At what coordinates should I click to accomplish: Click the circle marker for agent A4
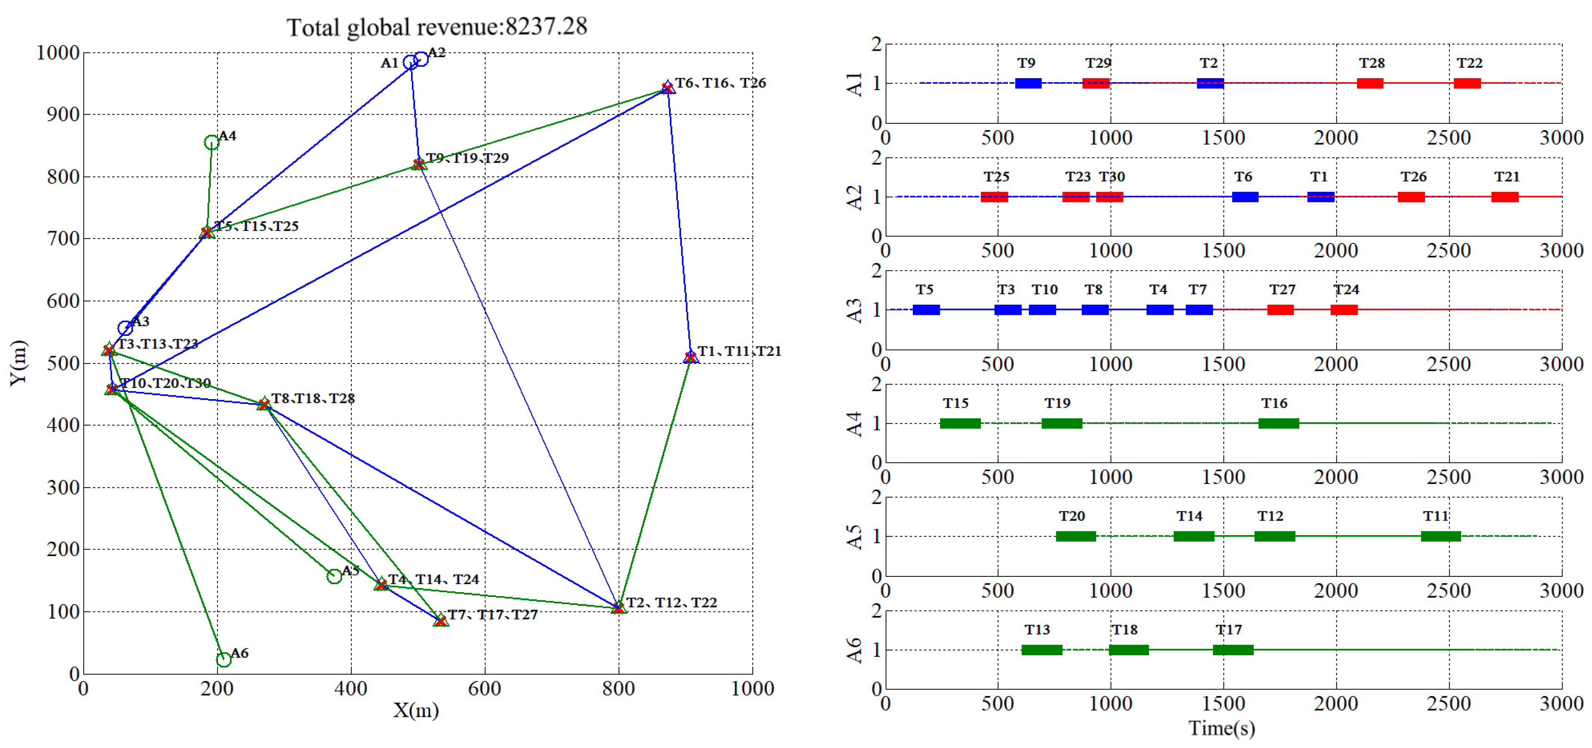(211, 143)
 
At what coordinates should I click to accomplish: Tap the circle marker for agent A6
(224, 660)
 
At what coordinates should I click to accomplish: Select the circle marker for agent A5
(334, 576)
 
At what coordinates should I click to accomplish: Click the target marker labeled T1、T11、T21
(690, 357)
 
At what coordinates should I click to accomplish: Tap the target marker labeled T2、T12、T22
(618, 608)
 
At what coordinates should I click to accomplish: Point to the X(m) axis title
(416, 710)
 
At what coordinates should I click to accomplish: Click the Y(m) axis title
(19, 363)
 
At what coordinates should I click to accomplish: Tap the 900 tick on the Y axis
(63, 114)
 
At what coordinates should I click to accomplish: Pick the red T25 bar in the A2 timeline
(994, 197)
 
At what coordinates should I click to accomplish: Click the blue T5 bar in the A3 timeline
(926, 310)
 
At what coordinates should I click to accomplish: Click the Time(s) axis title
(1222, 728)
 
